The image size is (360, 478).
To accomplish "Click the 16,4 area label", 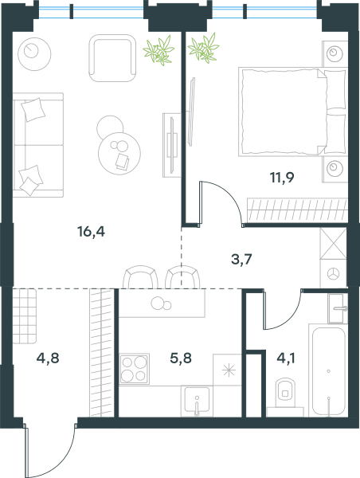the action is (x=91, y=232).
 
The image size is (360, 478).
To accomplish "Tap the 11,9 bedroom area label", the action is (x=282, y=178).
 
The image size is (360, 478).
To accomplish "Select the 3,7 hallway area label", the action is (x=241, y=260).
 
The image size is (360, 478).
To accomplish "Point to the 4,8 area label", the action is (x=48, y=358).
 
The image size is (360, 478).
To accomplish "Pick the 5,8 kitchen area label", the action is (x=181, y=358).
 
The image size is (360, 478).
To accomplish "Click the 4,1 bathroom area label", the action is (x=286, y=358).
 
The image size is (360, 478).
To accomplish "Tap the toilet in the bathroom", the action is (x=285, y=394).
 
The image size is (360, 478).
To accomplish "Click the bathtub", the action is (x=329, y=371).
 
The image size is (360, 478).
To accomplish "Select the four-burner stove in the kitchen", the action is (x=134, y=369).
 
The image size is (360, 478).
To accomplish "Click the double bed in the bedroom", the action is (x=292, y=112).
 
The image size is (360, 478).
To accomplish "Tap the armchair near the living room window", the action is (x=112, y=58).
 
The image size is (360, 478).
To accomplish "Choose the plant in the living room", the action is (x=158, y=50).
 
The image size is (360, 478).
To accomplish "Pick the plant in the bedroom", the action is (x=203, y=48).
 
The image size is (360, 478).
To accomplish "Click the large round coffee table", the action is (x=119, y=153).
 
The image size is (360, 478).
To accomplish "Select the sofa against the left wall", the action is (x=38, y=145).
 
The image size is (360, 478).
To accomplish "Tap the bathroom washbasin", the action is (x=338, y=308).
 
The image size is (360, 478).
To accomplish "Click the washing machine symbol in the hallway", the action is (x=333, y=273).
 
